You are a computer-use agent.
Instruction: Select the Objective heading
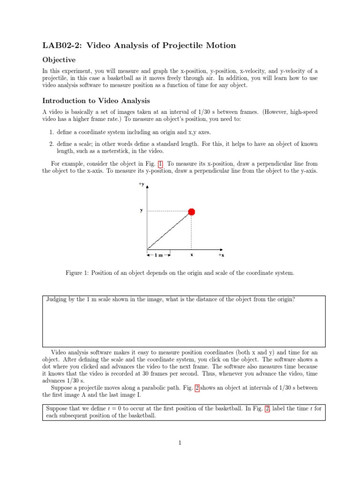point(59,60)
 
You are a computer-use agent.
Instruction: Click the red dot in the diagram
point(191,212)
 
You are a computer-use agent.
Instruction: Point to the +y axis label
point(141,185)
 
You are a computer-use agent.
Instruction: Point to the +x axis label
point(221,255)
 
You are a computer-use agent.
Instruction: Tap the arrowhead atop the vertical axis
point(148,187)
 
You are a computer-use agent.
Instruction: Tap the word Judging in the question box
point(57,299)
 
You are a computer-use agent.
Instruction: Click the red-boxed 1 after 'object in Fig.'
point(161,164)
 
